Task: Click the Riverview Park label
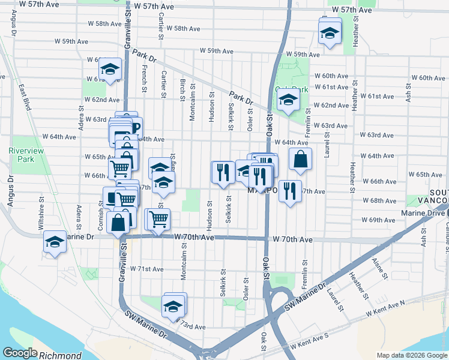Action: tap(26, 155)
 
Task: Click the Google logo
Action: tap(20, 353)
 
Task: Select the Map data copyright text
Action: tap(412, 355)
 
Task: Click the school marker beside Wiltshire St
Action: tap(55, 242)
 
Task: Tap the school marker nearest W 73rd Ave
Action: tap(175, 305)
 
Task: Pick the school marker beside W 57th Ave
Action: tap(329, 32)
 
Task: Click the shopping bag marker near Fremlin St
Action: tap(300, 160)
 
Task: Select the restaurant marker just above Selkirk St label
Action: tap(223, 173)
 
